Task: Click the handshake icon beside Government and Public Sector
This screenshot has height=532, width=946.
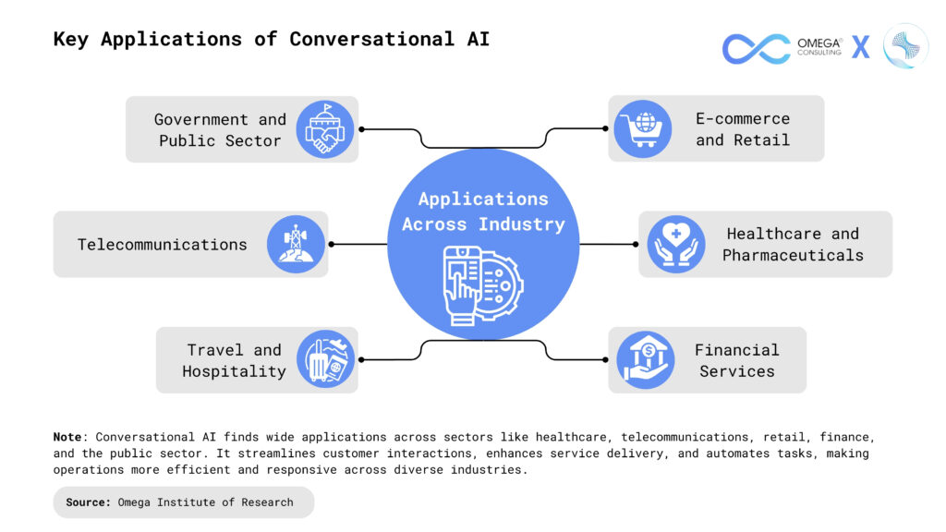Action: tap(325, 129)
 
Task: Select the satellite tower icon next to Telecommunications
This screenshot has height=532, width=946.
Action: tap(296, 244)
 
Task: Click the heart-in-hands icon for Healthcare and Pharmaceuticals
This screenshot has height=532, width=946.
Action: tap(675, 244)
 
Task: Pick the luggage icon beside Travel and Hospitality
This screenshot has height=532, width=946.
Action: tap(325, 359)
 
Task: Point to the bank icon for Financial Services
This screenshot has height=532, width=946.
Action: tap(645, 359)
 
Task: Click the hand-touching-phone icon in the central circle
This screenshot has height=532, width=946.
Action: tap(481, 286)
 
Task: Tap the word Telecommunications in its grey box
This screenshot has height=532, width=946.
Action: tap(163, 245)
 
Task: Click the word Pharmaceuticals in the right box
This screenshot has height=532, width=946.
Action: tap(793, 255)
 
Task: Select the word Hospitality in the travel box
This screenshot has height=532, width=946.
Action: tap(234, 371)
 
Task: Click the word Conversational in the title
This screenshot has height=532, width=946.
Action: tap(371, 39)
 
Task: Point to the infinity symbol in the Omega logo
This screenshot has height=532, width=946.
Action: tap(756, 48)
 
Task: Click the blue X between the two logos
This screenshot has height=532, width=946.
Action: tap(860, 48)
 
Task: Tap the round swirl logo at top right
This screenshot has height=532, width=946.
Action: tap(905, 46)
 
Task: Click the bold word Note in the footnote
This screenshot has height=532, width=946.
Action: tap(67, 436)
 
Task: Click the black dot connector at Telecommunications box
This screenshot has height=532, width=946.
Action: tap(332, 244)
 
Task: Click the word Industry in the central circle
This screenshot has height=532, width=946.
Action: tap(522, 224)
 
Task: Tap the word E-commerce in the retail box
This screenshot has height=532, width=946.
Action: tap(743, 119)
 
